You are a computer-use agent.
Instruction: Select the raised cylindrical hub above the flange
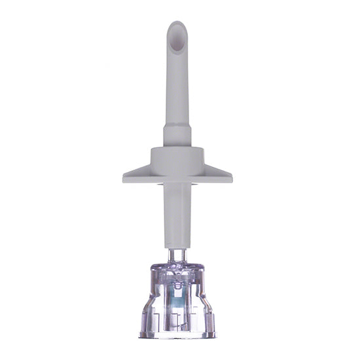[177, 156]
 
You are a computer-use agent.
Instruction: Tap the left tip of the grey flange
[124, 177]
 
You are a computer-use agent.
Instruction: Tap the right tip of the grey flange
[231, 177]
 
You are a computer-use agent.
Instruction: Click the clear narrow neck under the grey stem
[177, 254]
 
